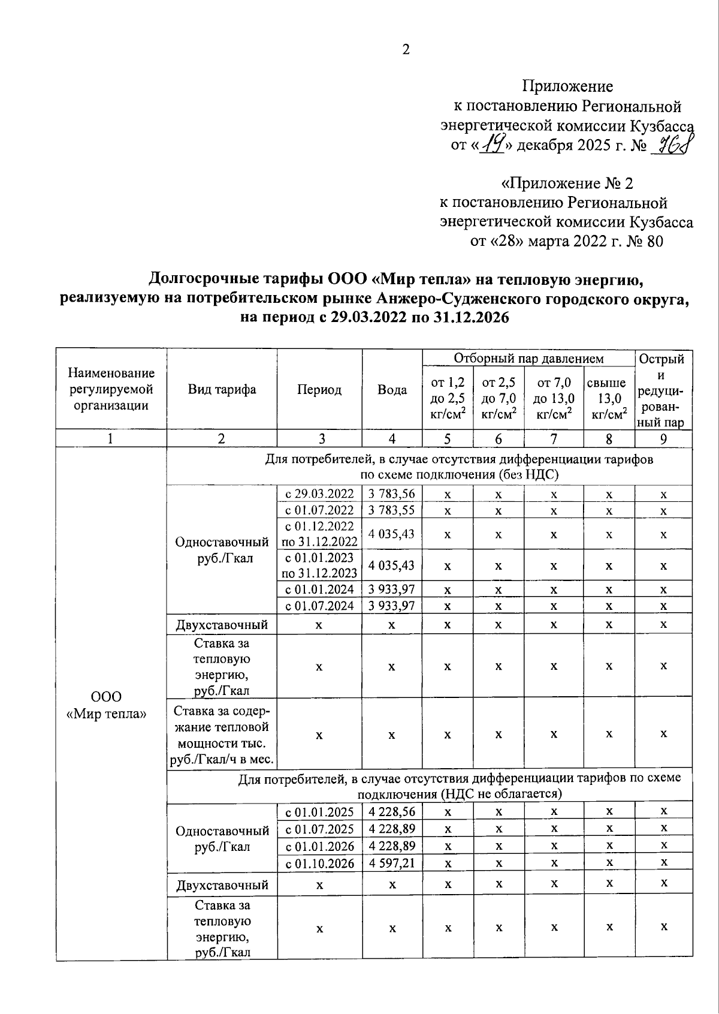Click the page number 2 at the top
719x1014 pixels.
coord(406,50)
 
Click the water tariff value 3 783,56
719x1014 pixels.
coord(391,494)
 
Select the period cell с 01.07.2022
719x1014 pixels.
coord(319,510)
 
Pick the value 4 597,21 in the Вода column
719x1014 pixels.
coord(391,863)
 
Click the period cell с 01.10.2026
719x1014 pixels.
coord(319,863)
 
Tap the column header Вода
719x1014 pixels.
coord(392,390)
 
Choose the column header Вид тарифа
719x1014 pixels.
coord(222,390)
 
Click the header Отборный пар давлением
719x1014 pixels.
coord(528,359)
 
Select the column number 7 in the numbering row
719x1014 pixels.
coord(554,439)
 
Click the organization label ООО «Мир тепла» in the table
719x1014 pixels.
coord(107,705)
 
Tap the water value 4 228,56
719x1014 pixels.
coord(391,812)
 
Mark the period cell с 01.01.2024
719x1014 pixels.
coord(319,589)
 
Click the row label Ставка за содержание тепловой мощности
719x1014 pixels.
coord(222,735)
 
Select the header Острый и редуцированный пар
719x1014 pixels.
coord(663,390)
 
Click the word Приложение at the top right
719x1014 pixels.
coord(567,86)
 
